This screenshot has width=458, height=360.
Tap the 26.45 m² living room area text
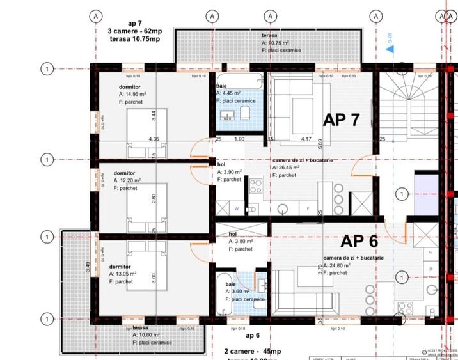click(x=292, y=168)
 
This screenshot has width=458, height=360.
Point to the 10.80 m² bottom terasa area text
click(x=152, y=335)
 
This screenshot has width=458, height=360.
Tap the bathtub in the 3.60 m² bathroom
click(x=224, y=295)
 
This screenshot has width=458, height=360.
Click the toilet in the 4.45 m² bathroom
click(x=245, y=114)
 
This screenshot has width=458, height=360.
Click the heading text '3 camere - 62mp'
click(x=134, y=31)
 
